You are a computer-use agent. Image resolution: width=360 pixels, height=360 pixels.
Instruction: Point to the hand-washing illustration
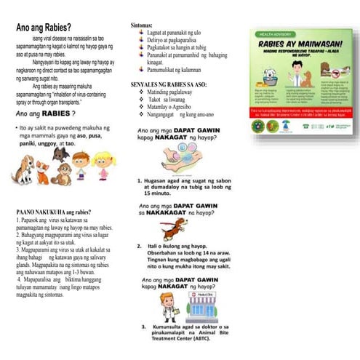click(175, 158)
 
